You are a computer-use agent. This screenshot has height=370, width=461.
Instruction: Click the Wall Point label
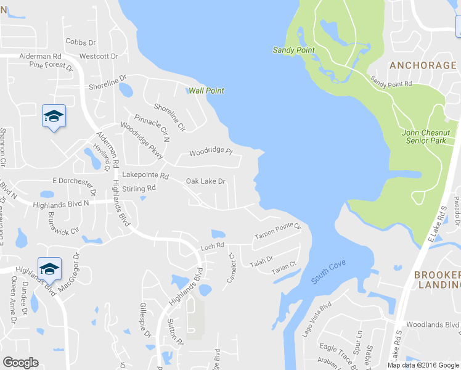206,91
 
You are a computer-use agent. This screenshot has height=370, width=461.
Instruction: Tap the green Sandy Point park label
293,50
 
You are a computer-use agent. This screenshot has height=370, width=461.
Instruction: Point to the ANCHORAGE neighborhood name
422,65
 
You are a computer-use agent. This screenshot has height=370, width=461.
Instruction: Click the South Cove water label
328,271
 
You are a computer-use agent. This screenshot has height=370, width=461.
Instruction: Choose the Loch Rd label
211,247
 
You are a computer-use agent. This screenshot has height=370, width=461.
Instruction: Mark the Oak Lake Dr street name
206,182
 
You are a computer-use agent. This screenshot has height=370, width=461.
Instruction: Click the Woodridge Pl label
210,152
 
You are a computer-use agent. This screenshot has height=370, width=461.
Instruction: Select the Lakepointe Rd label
145,176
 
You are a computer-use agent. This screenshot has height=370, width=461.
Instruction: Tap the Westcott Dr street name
94,55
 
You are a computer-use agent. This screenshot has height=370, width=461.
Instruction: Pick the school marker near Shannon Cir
54,116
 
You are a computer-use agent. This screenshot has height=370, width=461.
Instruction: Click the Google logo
20,363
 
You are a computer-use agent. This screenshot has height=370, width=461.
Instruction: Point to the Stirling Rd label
139,188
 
